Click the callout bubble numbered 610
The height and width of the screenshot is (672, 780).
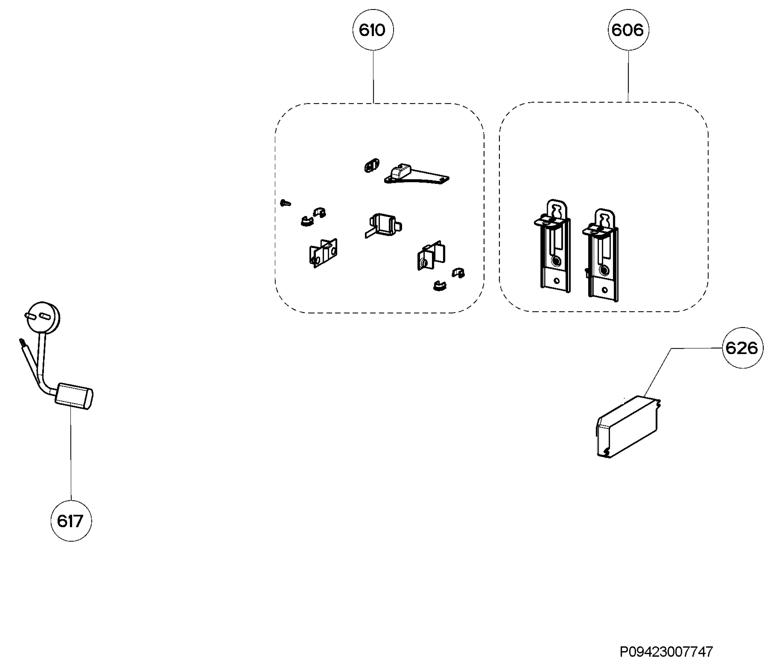(373, 30)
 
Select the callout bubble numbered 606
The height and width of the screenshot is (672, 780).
(628, 30)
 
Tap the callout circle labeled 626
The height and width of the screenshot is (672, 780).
(742, 348)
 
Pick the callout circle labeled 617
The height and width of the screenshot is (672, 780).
(71, 521)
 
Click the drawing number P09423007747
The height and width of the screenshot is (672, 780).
(666, 651)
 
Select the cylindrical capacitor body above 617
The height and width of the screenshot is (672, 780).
(74, 396)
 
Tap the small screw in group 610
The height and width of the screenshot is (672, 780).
(286, 203)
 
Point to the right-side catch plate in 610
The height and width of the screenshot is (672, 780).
(431, 255)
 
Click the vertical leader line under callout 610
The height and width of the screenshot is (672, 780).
(373, 77)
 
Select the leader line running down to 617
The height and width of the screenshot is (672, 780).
(71, 455)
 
